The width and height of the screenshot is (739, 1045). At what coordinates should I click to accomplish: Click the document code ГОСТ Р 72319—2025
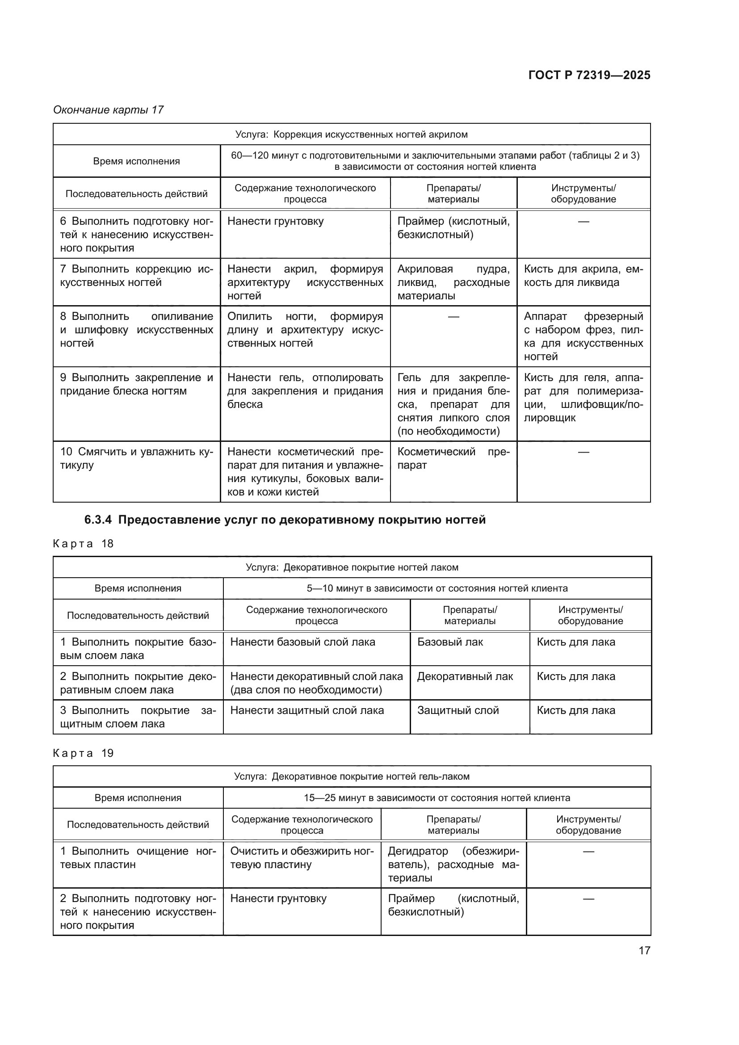click(x=589, y=75)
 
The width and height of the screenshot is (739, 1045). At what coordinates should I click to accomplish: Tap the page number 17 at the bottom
click(x=644, y=950)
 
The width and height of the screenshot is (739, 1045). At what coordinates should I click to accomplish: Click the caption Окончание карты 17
click(x=108, y=110)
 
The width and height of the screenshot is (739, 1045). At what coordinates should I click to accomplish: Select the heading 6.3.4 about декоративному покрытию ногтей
click(x=285, y=520)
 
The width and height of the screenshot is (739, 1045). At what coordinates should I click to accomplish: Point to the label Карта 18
click(x=83, y=544)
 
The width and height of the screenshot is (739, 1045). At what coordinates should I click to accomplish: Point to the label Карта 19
click(x=83, y=753)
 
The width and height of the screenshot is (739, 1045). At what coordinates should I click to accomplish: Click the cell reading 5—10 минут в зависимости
click(x=437, y=588)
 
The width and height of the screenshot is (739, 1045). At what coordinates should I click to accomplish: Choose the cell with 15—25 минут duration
click(x=437, y=798)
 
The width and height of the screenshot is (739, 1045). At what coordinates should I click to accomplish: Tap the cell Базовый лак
click(x=449, y=642)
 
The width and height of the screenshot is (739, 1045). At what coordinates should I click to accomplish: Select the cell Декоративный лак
click(x=465, y=677)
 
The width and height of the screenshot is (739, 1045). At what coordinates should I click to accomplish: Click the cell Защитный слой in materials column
click(x=458, y=710)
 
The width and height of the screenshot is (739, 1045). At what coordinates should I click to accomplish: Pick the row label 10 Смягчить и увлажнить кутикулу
click(x=137, y=458)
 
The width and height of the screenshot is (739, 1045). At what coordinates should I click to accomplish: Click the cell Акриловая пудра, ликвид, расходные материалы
click(x=453, y=282)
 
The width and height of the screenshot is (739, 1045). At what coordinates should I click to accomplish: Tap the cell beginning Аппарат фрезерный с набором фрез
click(x=584, y=336)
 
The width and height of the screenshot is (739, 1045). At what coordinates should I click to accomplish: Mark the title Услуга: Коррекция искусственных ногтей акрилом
click(x=351, y=134)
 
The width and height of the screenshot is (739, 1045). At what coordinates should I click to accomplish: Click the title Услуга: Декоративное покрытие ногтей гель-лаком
click(x=351, y=776)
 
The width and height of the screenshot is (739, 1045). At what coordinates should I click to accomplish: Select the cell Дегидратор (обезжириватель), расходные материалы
click(x=453, y=865)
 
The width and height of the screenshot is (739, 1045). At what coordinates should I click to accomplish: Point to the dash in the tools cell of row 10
click(x=584, y=452)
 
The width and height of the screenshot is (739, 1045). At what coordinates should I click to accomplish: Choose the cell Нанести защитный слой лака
click(x=307, y=710)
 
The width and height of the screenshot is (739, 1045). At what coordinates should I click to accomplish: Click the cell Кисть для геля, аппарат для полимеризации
click(x=584, y=397)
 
